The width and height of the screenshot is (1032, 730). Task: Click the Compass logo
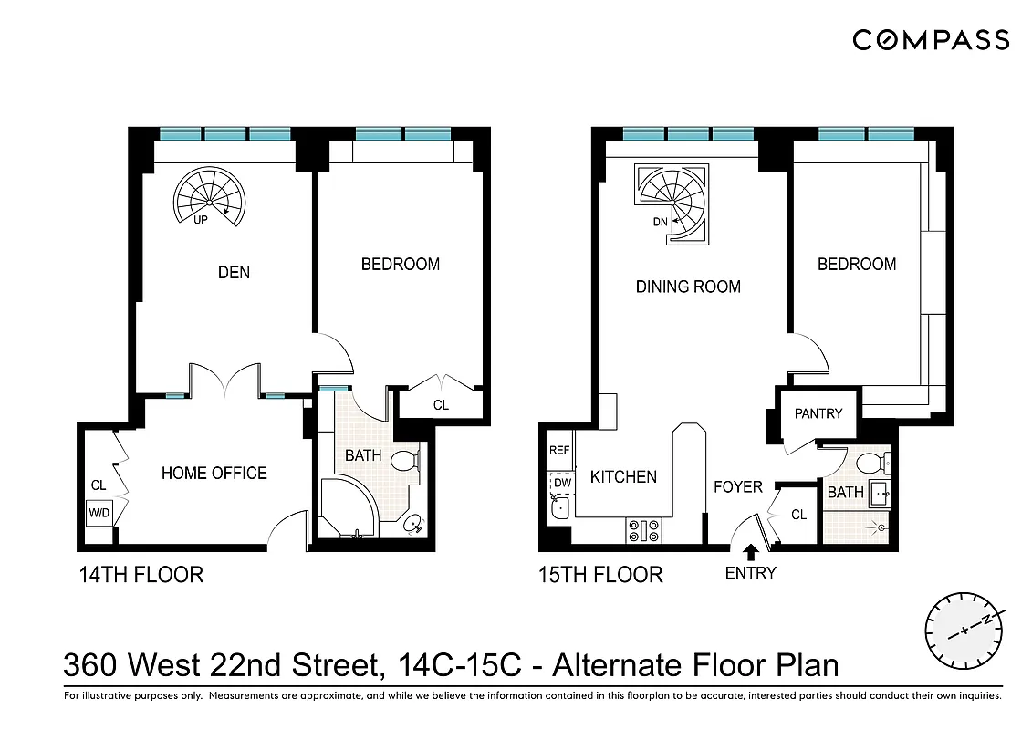[931, 40]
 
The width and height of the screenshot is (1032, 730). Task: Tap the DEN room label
[234, 272]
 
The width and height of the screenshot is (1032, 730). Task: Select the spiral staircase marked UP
[209, 195]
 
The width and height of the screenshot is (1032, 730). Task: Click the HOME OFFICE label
[214, 473]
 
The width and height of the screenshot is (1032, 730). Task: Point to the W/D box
[99, 513]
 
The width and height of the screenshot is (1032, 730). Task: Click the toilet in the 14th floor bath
[404, 462]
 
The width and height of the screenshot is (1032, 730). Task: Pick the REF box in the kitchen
[558, 451]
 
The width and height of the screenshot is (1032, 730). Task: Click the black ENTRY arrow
[751, 552]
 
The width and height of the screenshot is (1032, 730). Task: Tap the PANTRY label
[818, 413]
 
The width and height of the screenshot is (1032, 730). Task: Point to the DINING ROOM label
[688, 287]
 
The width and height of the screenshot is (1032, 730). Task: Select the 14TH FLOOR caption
[140, 574]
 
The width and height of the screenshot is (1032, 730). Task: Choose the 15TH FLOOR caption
[599, 574]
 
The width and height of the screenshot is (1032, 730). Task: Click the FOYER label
[737, 486]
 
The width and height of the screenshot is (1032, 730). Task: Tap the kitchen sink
[559, 509]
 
